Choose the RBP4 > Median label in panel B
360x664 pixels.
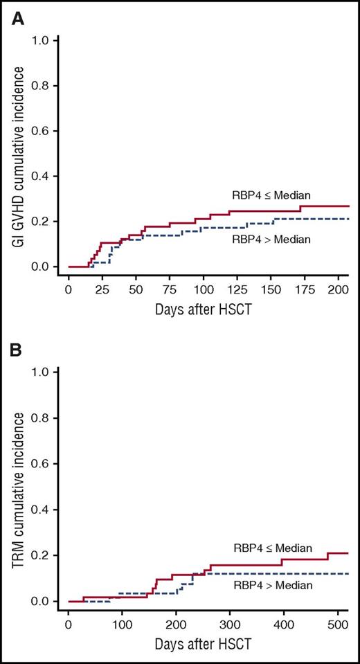point(272,585)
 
